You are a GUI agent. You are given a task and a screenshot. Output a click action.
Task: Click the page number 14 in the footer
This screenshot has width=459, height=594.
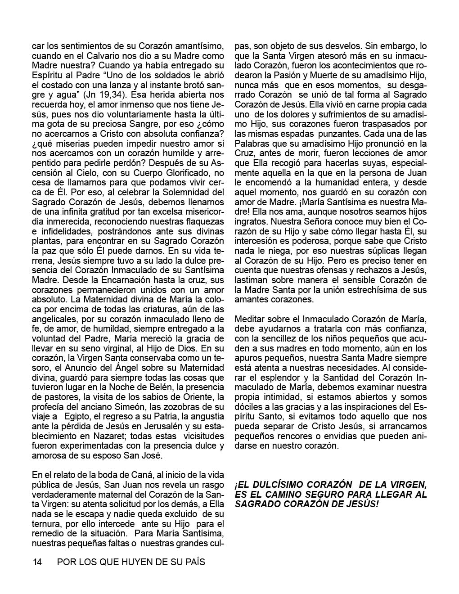coord(37,562)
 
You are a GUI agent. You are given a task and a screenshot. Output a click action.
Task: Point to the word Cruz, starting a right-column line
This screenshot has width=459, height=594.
coord(244,153)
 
